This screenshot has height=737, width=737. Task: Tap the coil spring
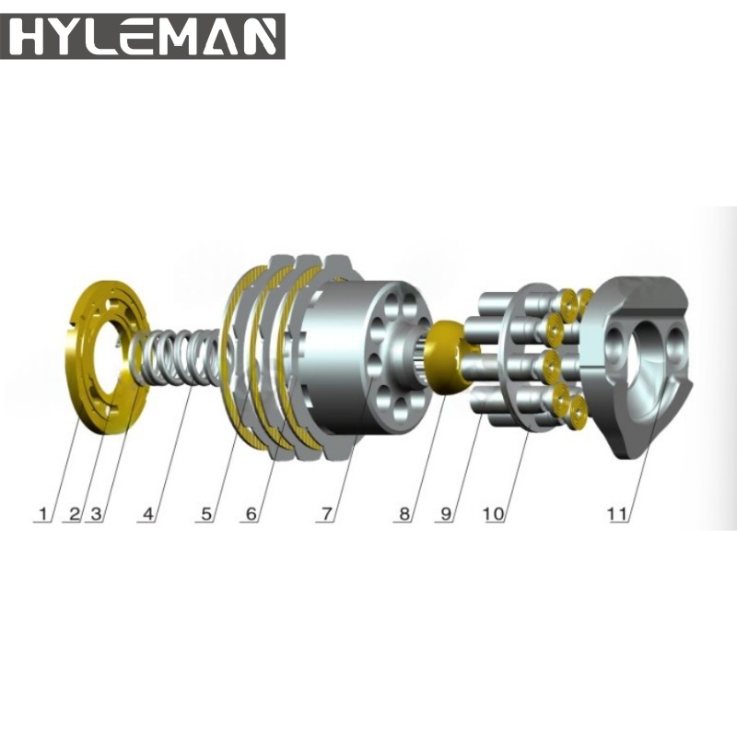[180, 359]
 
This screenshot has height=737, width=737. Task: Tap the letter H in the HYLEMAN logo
[33, 36]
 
